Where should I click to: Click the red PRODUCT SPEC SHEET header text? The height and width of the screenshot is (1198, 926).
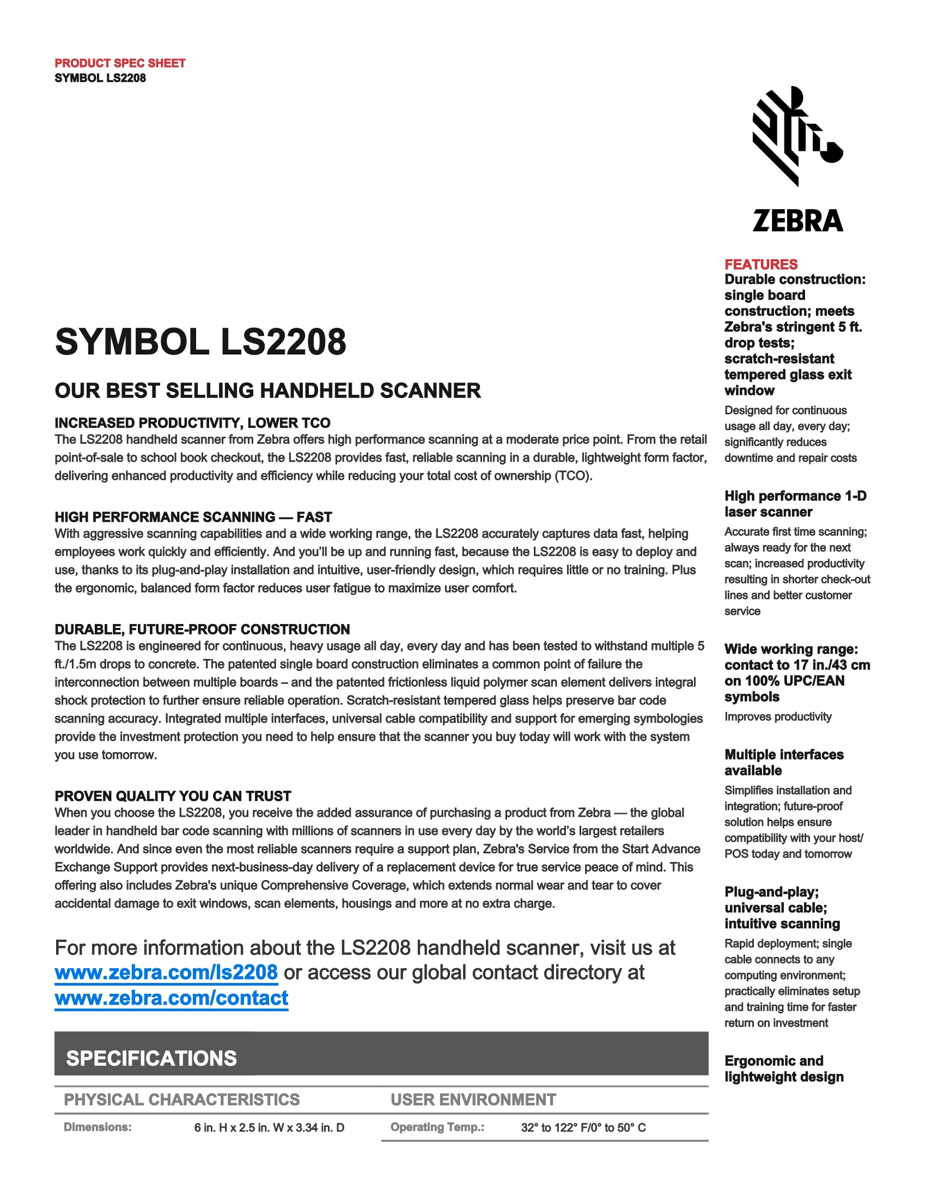pos(120,63)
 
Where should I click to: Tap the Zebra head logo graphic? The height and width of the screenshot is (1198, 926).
pos(797,136)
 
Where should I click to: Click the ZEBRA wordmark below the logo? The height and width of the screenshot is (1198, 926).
pos(797,221)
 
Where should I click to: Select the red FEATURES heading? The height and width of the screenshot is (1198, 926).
pos(761,265)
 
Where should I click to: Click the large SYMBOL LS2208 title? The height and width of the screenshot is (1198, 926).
pos(201,342)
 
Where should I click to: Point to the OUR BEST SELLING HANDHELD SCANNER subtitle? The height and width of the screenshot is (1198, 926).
pos(267,390)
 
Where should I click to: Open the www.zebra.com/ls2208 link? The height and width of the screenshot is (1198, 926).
pos(166,973)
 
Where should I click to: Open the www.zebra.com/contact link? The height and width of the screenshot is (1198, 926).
pos(171,998)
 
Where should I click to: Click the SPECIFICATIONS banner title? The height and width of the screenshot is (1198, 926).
pos(151,1058)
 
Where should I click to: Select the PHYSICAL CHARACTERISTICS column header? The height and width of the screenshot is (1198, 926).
pos(181,1099)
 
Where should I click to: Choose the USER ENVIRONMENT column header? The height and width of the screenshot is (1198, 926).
pos(473,1099)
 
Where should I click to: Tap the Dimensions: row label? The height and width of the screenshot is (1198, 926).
pos(98,1127)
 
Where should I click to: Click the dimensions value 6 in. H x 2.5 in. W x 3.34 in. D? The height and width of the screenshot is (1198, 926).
pos(269,1128)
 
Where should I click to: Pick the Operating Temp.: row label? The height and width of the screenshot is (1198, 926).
pos(437,1127)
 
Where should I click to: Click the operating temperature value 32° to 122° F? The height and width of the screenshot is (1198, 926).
pos(583,1128)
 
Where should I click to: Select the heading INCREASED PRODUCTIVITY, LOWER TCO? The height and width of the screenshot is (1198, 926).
pos(192,423)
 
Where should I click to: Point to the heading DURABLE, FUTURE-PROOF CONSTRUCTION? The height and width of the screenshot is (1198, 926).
pos(202,629)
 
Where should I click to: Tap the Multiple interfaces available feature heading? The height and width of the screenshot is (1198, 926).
pos(783,762)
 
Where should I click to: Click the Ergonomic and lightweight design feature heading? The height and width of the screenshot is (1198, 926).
pos(783,1068)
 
